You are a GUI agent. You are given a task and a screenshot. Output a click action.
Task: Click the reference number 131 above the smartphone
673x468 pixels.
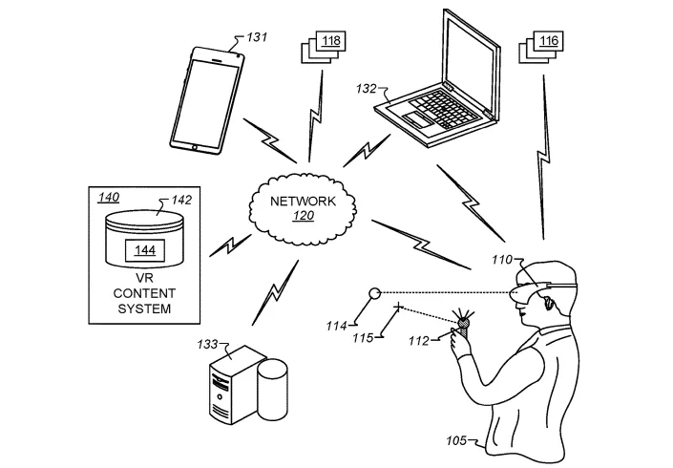pos(257,37)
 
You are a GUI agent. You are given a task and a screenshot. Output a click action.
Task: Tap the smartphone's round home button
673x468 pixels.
pos(195,147)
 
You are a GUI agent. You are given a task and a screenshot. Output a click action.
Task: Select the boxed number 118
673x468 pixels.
pos(331,41)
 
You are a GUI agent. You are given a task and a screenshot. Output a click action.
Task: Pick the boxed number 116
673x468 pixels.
pos(549,41)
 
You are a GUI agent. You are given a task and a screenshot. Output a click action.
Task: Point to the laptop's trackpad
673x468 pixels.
pos(417,119)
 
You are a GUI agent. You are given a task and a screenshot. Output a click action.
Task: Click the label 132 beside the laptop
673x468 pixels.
pos(366,89)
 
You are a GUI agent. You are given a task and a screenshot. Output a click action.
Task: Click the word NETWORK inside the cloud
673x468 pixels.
pos(303,201)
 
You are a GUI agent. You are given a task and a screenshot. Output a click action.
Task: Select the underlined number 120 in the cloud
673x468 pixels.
pos(304,215)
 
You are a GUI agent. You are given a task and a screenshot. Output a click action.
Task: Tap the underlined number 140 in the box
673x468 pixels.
pos(109,197)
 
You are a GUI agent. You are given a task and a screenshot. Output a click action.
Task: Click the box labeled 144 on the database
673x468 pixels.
pos(145,250)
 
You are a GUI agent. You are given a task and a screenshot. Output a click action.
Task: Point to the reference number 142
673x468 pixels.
pos(181,200)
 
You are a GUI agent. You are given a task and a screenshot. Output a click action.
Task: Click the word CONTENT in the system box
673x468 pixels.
pos(144,293)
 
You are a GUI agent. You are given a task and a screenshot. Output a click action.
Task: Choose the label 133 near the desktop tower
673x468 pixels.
pos(207,345)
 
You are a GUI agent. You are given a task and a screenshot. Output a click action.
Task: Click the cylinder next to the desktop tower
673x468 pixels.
pos(273,390)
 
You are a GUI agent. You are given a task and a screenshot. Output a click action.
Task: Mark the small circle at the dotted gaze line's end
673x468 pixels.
pos(375,293)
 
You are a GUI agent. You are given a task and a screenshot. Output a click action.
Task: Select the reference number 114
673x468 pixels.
pos(336,327)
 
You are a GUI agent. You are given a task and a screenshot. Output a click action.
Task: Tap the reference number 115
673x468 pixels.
pos(363,338)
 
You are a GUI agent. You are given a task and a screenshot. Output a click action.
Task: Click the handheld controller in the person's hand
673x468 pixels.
pos(464,326)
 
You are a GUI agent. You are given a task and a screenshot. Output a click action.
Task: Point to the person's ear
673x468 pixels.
pos(548,304)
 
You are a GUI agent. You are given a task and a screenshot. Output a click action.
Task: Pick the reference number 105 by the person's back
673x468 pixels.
pos(456,441)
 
